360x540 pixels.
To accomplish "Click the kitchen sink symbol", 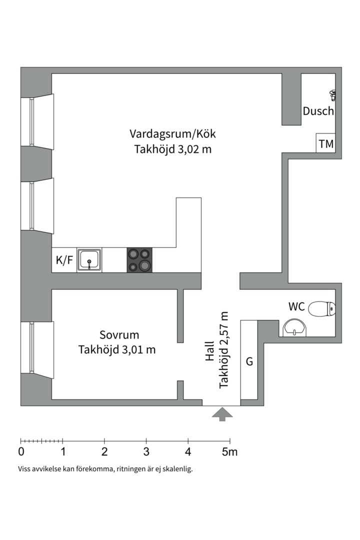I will [89, 260].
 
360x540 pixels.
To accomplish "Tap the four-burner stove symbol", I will [139, 260].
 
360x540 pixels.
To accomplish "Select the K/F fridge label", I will [63, 260].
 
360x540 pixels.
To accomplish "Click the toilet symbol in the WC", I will [321, 308].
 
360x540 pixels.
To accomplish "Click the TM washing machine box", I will [326, 144].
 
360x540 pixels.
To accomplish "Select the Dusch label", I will [318, 111].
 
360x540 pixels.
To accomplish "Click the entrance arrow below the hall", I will [222, 414].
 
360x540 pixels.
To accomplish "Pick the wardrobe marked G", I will [249, 361].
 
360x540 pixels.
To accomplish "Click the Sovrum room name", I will [119, 335].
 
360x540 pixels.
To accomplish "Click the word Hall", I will [209, 351].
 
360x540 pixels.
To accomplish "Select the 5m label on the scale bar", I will [230, 452].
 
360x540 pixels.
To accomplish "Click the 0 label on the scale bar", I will [21, 452].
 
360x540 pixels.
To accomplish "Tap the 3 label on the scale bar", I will [146, 452].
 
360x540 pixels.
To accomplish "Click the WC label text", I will [296, 306].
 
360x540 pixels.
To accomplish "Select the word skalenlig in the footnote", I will [175, 469].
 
